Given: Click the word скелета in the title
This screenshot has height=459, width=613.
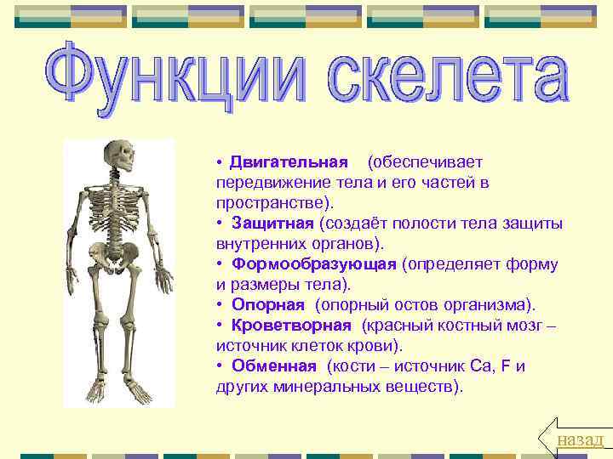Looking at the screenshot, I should tap(431, 83).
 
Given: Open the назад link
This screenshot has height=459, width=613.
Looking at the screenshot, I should tap(580, 439).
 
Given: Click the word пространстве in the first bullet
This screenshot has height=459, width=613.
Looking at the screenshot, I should tap(272, 203).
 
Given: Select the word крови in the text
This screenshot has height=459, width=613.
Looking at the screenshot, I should tap(375, 346).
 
